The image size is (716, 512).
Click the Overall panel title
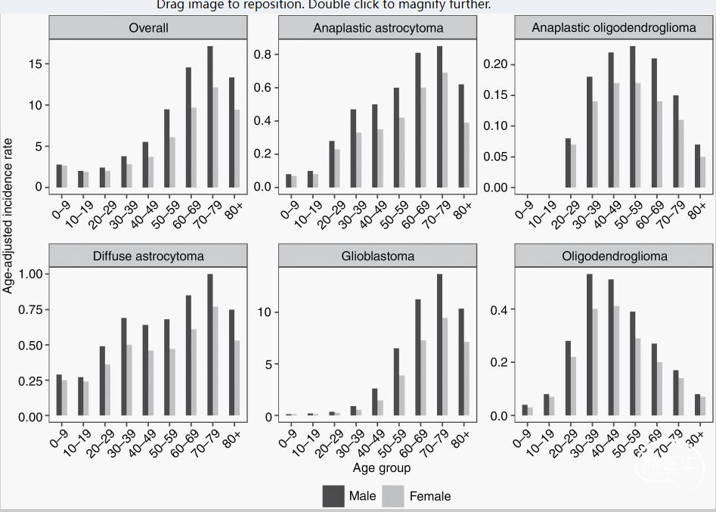(148, 29)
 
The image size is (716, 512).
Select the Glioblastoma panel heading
(377, 256)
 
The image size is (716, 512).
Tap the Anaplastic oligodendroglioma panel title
(613, 29)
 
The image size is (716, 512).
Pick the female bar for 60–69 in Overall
(194, 147)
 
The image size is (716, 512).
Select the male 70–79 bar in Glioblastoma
(439, 345)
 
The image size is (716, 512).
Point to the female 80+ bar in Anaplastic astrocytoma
(466, 155)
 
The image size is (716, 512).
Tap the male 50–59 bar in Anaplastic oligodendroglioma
(632, 117)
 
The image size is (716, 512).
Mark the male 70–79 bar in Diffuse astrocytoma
(210, 345)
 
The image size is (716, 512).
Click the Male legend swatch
(333, 496)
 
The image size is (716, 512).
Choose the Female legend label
(429, 497)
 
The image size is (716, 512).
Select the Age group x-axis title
(382, 468)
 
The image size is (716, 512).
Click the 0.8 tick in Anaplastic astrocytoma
(262, 54)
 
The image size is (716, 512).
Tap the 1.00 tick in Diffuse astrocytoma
(28, 274)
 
